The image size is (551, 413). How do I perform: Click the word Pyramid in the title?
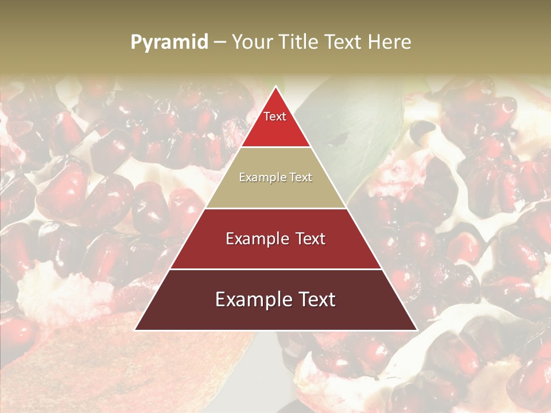click(x=169, y=42)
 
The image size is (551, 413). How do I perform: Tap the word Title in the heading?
click(x=300, y=42)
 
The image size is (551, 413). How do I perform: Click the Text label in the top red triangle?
click(x=275, y=116)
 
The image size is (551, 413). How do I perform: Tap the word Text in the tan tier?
click(x=299, y=178)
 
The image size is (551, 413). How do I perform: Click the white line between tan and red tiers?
click(x=276, y=208)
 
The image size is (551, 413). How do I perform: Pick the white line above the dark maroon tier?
click(x=276, y=269)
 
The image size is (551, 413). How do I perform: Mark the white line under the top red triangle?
click(x=276, y=147)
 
